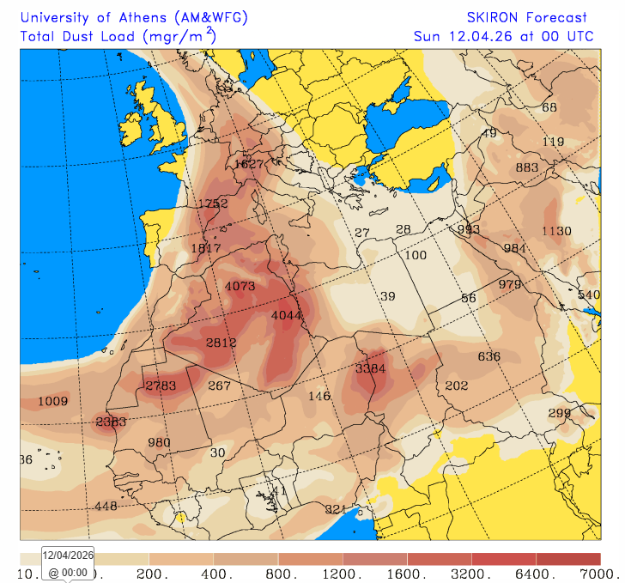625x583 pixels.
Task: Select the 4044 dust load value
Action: (x=287, y=315)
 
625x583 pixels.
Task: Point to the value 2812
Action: (x=221, y=343)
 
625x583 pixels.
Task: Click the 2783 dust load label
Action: (x=161, y=386)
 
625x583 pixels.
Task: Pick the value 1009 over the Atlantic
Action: (x=53, y=401)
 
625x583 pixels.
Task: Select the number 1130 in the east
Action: (x=556, y=230)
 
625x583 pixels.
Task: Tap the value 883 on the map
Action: (x=526, y=167)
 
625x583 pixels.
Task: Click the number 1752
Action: (x=213, y=203)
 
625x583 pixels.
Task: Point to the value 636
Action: (x=489, y=356)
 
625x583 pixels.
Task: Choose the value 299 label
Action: (x=560, y=413)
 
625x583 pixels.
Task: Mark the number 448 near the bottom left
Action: (x=106, y=506)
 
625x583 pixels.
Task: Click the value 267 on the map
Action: (x=220, y=386)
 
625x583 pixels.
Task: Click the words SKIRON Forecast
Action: (x=527, y=17)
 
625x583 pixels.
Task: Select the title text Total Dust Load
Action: (x=79, y=36)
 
